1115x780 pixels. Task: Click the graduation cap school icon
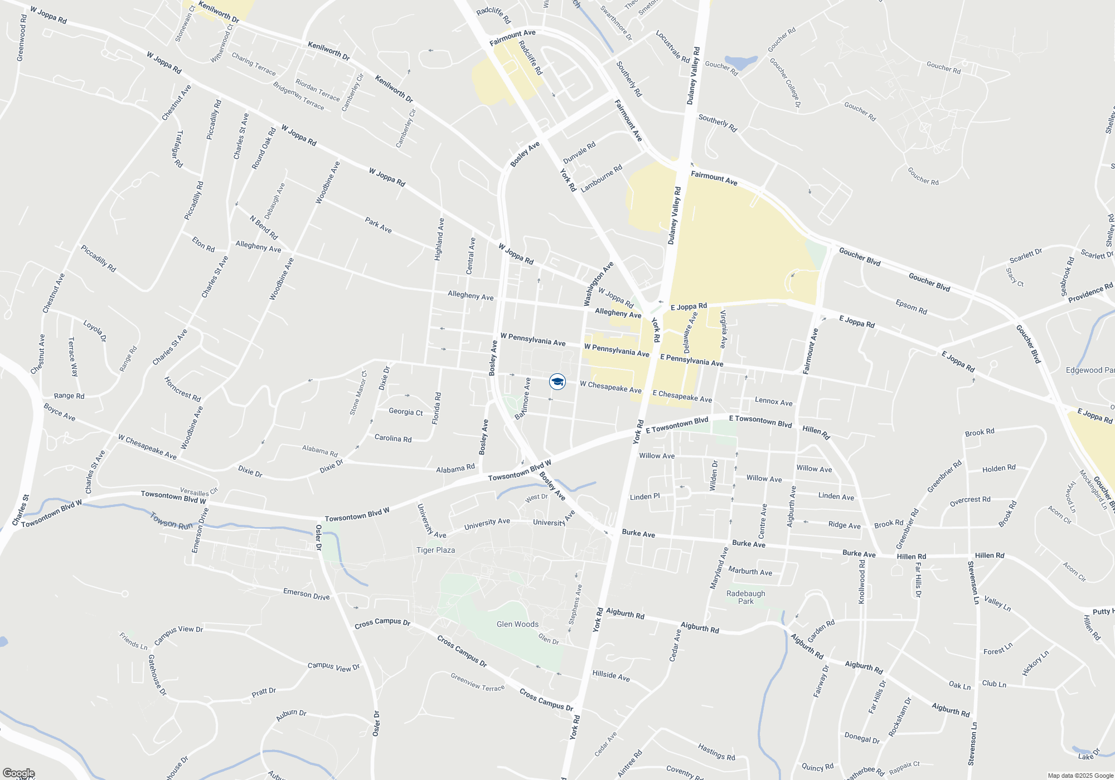pos(557,382)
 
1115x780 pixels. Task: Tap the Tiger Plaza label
pos(435,550)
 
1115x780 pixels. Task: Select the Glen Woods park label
pos(517,624)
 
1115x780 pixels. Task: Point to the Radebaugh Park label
pos(745,597)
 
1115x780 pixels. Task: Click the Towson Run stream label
pos(171,521)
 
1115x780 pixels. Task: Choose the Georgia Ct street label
pos(405,412)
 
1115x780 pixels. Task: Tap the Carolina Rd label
pos(393,438)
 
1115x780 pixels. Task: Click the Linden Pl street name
pos(644,496)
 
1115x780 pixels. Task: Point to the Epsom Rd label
pos(911,307)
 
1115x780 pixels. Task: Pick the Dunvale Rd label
pos(579,152)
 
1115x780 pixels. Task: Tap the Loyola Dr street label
pos(95,330)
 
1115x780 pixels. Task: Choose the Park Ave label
pos(378,225)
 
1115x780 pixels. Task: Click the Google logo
pos(18,773)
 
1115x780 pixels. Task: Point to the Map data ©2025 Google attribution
pos(1080,776)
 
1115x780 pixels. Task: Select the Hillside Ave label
pos(611,676)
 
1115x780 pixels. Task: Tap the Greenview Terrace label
pos(477,682)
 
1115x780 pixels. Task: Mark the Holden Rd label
pos(998,469)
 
